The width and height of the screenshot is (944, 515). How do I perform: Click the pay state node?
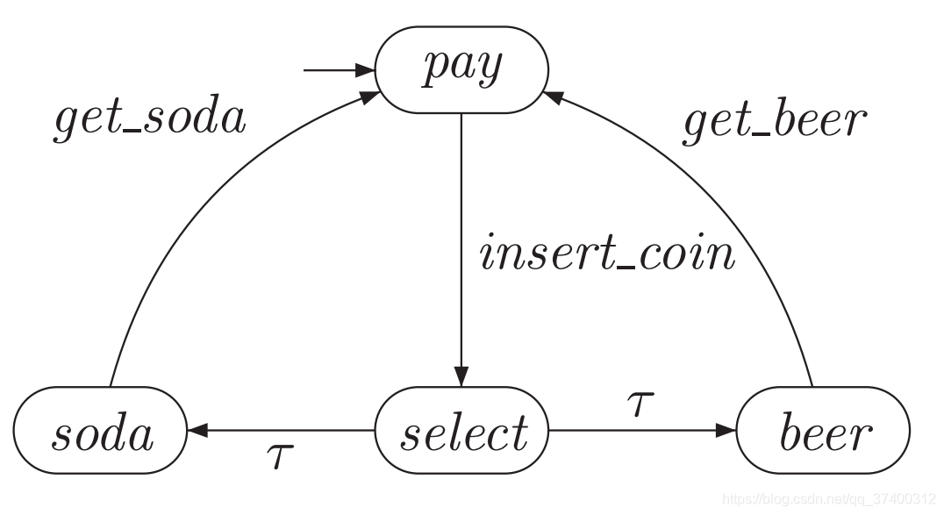pyautogui.click(x=461, y=69)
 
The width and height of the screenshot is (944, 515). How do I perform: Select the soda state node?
pyautogui.click(x=100, y=431)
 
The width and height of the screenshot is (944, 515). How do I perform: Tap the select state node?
pyautogui.click(x=461, y=431)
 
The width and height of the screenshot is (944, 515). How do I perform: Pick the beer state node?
pyautogui.click(x=823, y=431)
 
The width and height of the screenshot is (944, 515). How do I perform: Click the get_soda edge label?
pyautogui.click(x=150, y=119)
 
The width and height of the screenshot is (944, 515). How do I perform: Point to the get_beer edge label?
pyautogui.click(x=775, y=121)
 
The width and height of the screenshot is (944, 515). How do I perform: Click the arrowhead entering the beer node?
pyautogui.click(x=726, y=431)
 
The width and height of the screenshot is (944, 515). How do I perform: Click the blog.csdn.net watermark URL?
pyautogui.click(x=830, y=499)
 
